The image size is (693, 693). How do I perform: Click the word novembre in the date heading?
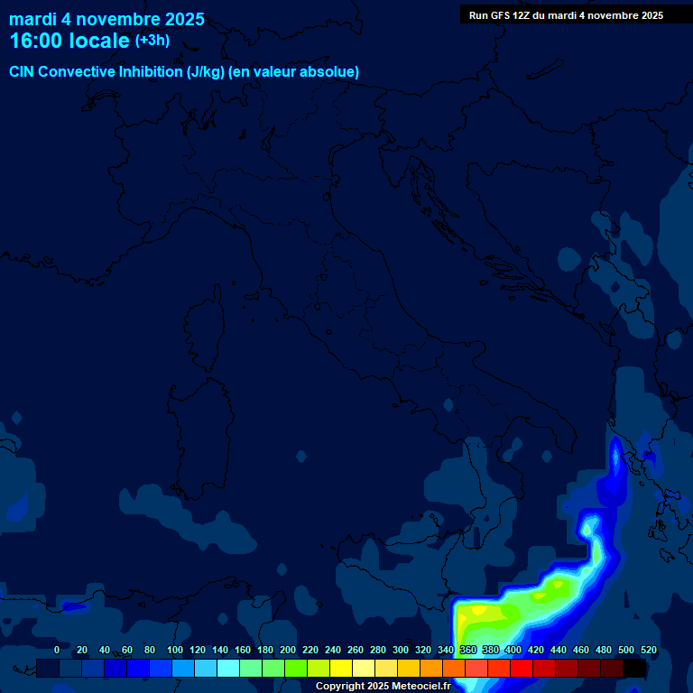118,19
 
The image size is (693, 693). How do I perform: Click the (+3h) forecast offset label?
152,41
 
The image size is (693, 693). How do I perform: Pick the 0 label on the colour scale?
57,650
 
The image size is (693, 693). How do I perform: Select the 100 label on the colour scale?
174,650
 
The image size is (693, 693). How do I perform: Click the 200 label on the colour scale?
288,650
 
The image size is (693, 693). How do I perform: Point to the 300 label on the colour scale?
401,650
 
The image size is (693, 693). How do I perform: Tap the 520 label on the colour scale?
648,650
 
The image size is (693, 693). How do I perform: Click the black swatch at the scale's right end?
634,668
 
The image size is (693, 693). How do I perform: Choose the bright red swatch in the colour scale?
522,668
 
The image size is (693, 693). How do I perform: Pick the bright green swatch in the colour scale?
296,668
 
